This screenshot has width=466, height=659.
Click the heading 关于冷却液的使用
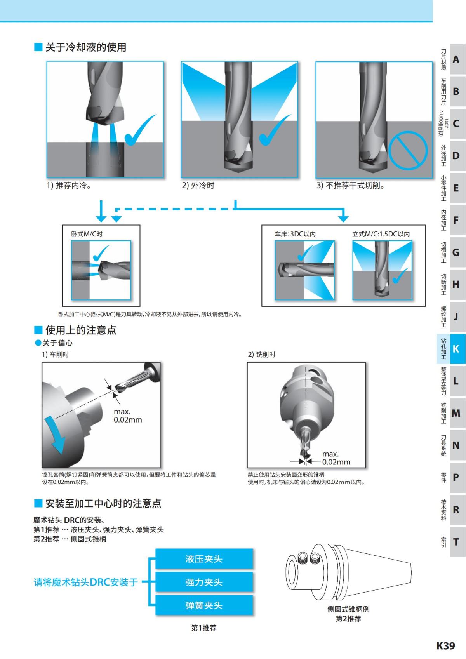click(85, 47)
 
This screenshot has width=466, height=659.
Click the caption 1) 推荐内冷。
click(70, 185)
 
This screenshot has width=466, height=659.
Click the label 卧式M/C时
click(87, 234)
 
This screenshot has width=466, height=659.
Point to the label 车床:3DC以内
click(295, 234)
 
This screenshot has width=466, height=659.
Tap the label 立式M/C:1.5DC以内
click(381, 234)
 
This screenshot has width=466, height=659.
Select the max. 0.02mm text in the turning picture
click(128, 416)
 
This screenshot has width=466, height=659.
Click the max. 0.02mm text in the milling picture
click(336, 458)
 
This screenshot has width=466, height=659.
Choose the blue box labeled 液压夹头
click(204, 559)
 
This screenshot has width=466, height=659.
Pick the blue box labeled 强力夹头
click(204, 582)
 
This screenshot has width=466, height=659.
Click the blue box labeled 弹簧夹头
click(204, 605)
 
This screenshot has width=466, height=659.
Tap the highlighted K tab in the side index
click(456, 349)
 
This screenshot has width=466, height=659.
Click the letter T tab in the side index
click(456, 542)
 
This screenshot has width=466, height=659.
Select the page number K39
click(445, 645)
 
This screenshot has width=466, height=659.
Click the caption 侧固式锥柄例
click(348, 609)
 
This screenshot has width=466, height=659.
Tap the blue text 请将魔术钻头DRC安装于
click(85, 582)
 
